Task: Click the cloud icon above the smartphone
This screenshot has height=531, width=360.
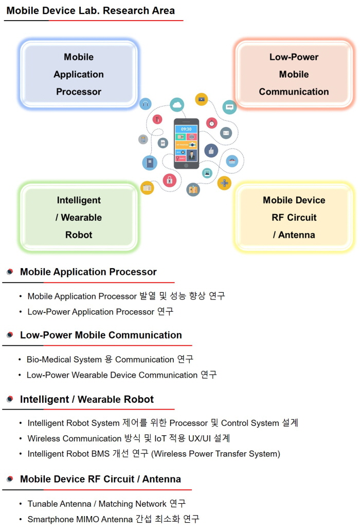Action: coord(177,105)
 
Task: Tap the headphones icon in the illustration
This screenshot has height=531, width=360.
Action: coord(146,103)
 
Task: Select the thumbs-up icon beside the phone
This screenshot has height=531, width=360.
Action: coord(211,150)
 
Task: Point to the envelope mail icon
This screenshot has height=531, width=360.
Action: coord(226,133)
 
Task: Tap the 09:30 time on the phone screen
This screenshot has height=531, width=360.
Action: coord(186,129)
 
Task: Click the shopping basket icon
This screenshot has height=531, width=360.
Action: coord(232,161)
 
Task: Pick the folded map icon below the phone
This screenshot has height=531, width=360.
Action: coord(193,190)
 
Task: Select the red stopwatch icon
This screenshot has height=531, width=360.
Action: coord(212,123)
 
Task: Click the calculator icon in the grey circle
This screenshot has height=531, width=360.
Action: coord(143,139)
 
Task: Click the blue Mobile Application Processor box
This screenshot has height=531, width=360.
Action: coord(79,75)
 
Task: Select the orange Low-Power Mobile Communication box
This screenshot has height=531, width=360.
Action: coord(294,75)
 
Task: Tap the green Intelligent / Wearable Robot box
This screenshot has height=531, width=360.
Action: coord(79,218)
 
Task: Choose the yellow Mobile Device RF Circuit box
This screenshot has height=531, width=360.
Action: coord(294,218)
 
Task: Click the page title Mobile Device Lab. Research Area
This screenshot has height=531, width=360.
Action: coord(91,10)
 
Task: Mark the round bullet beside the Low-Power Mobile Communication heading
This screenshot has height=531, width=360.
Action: coord(10,335)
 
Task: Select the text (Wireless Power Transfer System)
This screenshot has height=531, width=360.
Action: coord(215,454)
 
